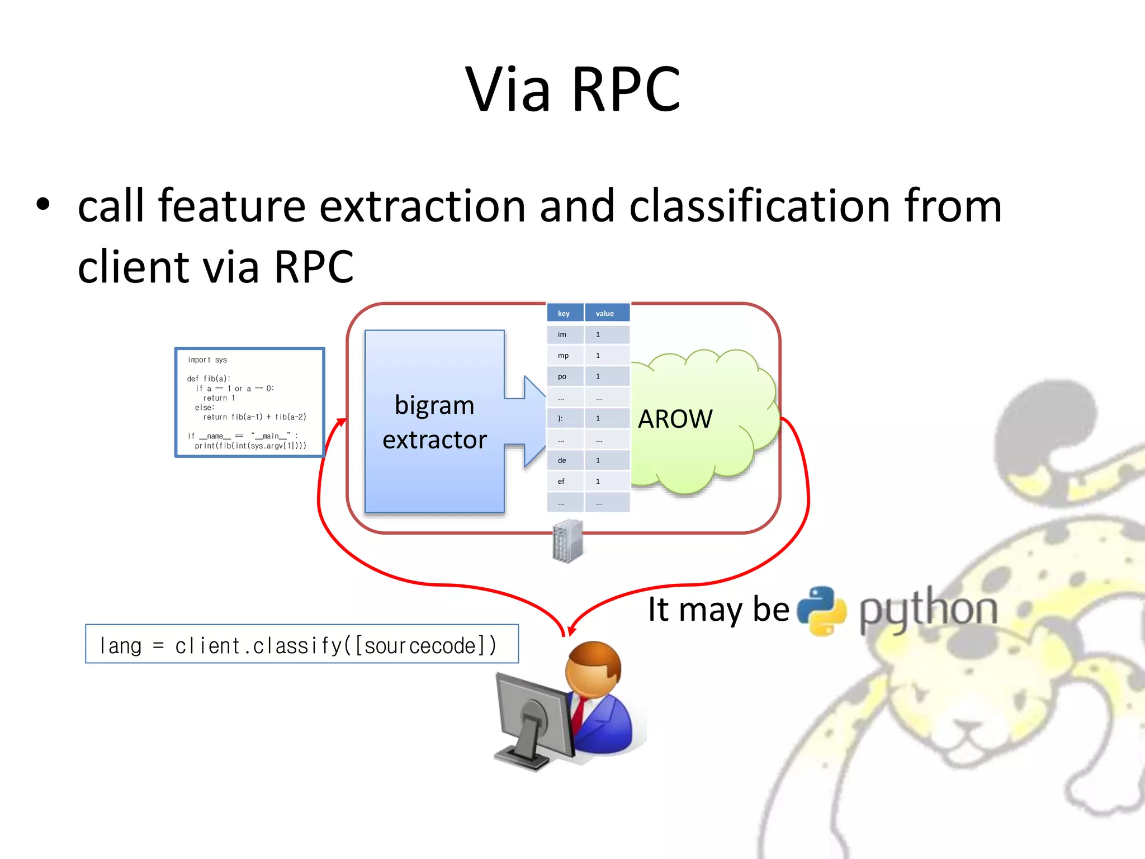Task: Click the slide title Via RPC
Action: [x=572, y=89]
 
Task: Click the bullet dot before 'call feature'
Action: [x=43, y=205]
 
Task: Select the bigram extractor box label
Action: [x=434, y=422]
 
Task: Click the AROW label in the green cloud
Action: [x=675, y=419]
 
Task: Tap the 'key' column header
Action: [x=564, y=313]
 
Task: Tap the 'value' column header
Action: [x=605, y=313]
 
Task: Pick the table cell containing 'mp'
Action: [x=564, y=356]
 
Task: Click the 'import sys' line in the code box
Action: [x=207, y=360]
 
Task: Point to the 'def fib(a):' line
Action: [x=209, y=379]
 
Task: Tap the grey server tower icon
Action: [x=567, y=541]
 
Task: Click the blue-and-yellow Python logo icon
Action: [x=821, y=611]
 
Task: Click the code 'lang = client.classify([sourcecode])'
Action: [x=298, y=646]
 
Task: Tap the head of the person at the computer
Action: [x=593, y=668]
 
